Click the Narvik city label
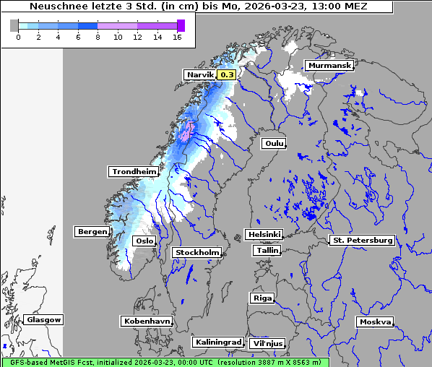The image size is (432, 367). coord(200,74)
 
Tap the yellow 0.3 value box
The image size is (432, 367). coord(227,74)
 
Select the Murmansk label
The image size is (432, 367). coord(329,66)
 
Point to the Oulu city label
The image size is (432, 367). coord(274,144)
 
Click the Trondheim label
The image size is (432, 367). coord(133,172)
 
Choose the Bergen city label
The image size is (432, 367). coord(92,232)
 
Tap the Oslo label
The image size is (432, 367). coord(144,241)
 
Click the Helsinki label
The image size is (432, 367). coord(264,235)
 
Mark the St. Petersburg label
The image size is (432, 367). coord(361,240)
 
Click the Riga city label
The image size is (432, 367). coord(262,298)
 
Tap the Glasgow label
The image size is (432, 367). coord(43,319)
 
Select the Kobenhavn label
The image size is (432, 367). coord(147,321)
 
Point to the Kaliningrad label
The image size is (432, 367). coord(217,342)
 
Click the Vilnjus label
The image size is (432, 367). coord(267,344)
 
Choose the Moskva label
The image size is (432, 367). coord(375,321)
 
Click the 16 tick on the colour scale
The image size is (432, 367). coord(177,37)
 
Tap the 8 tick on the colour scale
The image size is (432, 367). coord(98,37)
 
